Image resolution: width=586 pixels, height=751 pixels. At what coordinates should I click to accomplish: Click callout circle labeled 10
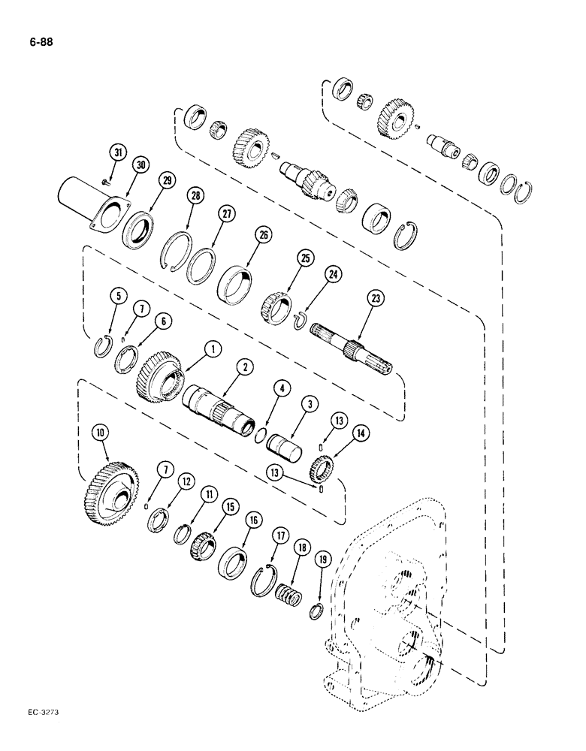click(x=99, y=433)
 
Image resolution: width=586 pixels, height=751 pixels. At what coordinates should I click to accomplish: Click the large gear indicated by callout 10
click(x=110, y=496)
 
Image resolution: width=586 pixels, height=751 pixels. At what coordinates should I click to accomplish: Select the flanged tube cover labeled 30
click(x=90, y=207)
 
